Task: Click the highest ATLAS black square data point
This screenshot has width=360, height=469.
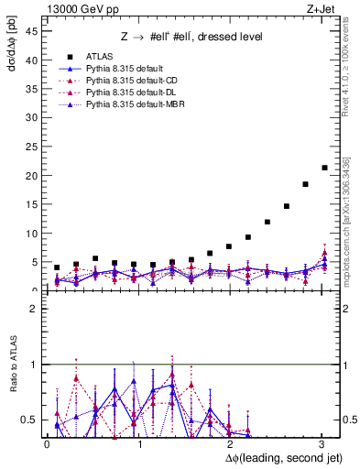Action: tap(324, 168)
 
